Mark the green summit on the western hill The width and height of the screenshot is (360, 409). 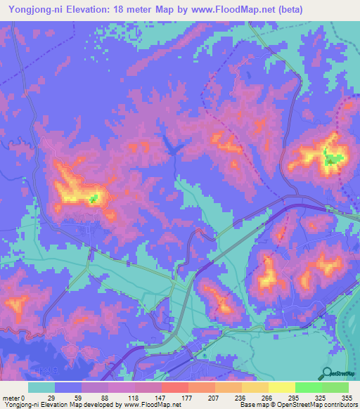click(93, 198)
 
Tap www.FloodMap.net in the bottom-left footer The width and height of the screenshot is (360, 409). click(148, 405)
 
